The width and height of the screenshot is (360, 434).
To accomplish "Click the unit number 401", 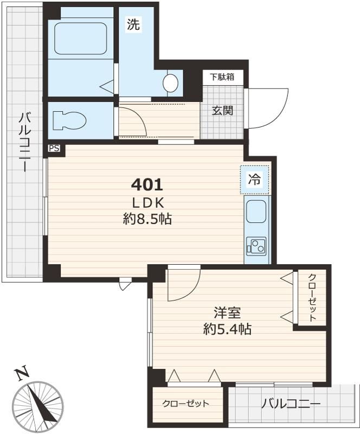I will coord(147,185).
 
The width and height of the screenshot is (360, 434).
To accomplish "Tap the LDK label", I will coord(147,202).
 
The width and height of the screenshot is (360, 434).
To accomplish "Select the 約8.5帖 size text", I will coord(147,219).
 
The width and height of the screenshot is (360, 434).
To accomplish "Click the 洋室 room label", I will coord(227,313).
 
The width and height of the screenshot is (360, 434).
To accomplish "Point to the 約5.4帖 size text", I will coord(227,329).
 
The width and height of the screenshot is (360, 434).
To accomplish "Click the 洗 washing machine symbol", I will coord(133,24).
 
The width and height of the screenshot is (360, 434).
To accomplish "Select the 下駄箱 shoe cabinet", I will coord(222,77).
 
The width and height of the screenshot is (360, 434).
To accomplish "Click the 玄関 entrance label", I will coord(222,111).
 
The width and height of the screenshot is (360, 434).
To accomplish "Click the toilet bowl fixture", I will coord(68,119).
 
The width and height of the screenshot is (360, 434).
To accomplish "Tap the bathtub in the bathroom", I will coord(80,38).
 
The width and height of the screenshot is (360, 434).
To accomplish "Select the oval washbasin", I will coord(171,83).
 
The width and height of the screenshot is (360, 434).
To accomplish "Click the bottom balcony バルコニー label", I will coord(291,404).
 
